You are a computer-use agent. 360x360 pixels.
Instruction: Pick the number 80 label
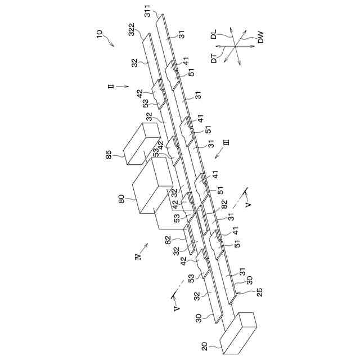(x=120, y=199)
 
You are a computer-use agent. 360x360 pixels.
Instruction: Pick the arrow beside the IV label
(x=146, y=246)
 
